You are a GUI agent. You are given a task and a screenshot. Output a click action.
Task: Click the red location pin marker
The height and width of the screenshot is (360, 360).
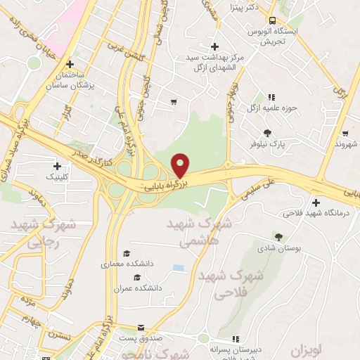pyautogui.click(x=181, y=165)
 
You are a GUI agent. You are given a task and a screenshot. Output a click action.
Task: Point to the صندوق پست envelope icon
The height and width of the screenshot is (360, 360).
pyautogui.click(x=141, y=328)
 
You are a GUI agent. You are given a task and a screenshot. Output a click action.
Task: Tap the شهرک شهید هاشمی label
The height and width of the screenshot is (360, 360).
pyautogui.click(x=190, y=233)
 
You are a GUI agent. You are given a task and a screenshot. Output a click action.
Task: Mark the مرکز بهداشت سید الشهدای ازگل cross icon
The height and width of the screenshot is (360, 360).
pyautogui.click(x=214, y=46)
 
